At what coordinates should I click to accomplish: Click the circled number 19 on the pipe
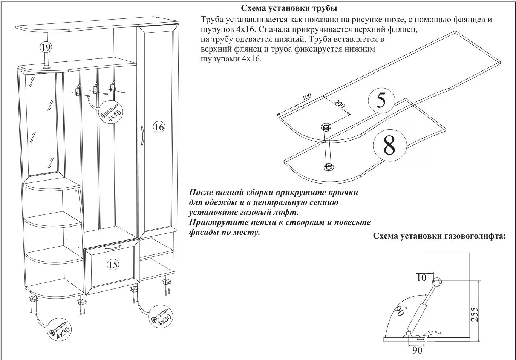pyautogui.click(x=46, y=47)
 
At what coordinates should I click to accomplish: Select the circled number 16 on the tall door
pyautogui.click(x=159, y=127)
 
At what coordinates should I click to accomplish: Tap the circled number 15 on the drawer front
pyautogui.click(x=113, y=265)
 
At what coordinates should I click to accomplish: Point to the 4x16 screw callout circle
pyautogui.click(x=110, y=113)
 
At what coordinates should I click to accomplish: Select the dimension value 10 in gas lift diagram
pyautogui.click(x=421, y=278)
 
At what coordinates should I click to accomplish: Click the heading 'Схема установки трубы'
pyautogui.click(x=289, y=8)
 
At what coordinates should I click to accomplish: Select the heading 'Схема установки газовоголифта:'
pyautogui.click(x=439, y=236)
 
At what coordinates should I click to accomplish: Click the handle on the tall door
pyautogui.click(x=142, y=136)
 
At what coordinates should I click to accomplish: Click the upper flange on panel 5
pyautogui.click(x=325, y=126)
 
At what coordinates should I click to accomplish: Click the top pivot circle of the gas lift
pyautogui.click(x=437, y=281)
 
